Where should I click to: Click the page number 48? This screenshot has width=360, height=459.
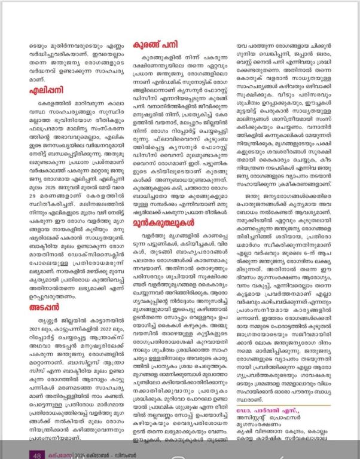click(36, 454)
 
